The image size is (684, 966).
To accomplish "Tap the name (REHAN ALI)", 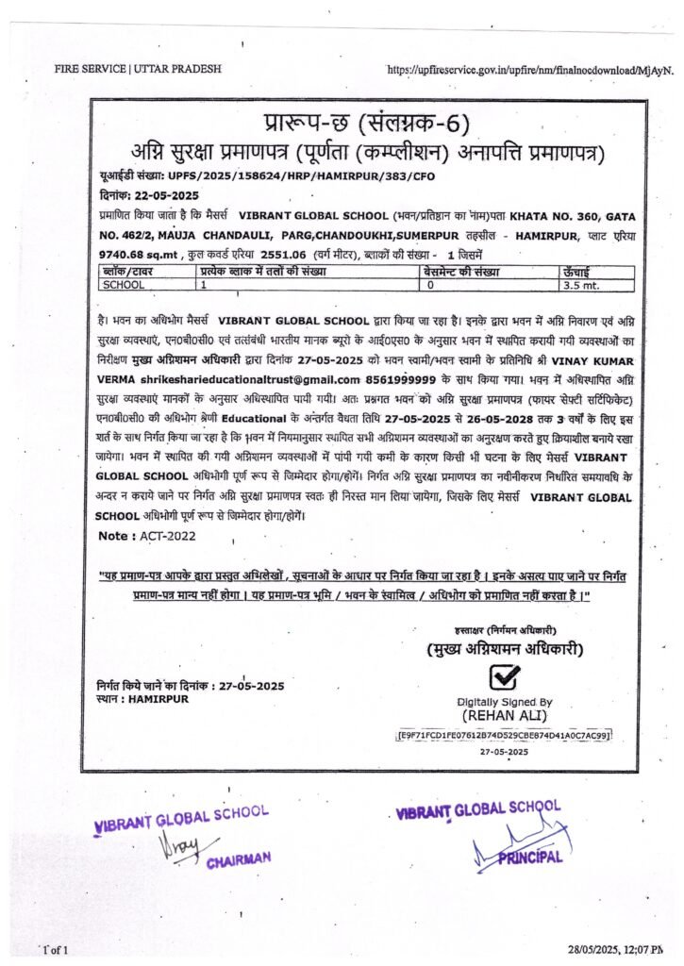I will (x=505, y=714).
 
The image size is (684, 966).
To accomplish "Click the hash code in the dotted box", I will (x=505, y=733).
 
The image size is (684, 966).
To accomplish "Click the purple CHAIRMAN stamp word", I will (x=239, y=858).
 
